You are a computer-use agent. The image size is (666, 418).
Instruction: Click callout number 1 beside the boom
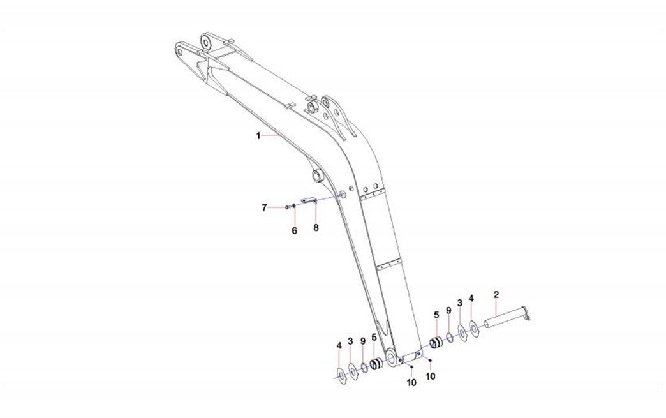pyautogui.click(x=258, y=136)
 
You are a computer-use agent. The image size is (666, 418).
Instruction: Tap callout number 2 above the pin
pyautogui.click(x=496, y=294)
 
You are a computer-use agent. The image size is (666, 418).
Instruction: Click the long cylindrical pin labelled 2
pyautogui.click(x=507, y=318)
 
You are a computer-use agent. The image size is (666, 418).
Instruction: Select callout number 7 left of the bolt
pyautogui.click(x=264, y=208)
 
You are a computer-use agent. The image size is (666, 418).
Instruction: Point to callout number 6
pyautogui.click(x=294, y=230)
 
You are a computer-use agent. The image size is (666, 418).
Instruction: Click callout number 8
pyautogui.click(x=316, y=228)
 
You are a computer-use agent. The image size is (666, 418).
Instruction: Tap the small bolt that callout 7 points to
pyautogui.click(x=287, y=207)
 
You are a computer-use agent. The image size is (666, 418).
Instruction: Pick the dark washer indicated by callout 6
pyautogui.click(x=294, y=206)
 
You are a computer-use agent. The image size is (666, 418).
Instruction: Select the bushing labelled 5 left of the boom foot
pyautogui.click(x=376, y=364)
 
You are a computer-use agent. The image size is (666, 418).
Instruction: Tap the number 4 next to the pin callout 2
pyautogui.click(x=471, y=299)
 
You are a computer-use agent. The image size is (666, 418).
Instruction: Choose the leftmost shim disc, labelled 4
pyautogui.click(x=341, y=374)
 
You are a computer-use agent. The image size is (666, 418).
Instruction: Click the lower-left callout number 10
pyautogui.click(x=411, y=383)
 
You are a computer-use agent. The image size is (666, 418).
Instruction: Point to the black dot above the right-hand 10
pyautogui.click(x=430, y=361)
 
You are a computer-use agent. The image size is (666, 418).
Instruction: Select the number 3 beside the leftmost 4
pyautogui.click(x=350, y=341)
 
